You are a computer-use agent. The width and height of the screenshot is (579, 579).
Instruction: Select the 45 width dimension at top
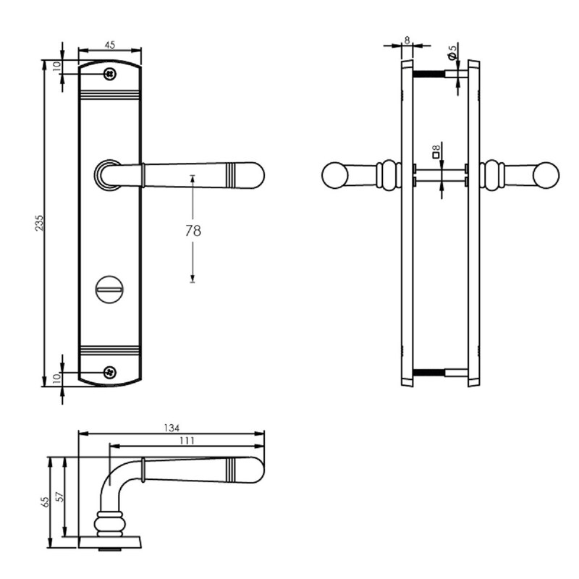coord(110,45)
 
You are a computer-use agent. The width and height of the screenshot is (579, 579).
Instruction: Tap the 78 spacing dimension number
coord(193,231)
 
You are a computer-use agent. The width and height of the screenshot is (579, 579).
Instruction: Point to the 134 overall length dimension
coord(172,428)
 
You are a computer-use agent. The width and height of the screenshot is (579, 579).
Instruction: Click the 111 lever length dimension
coord(187,441)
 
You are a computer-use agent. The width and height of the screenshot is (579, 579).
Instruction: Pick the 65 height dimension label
coord(45,502)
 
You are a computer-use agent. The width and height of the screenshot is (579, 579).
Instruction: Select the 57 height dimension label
coord(59,498)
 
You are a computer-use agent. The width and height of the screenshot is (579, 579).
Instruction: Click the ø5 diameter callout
coord(452,53)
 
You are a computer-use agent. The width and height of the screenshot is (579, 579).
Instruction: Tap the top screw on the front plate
coord(109,74)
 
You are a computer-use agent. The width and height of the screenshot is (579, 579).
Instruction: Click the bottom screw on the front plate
coord(109,372)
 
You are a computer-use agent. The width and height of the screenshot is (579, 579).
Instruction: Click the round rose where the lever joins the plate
coord(107,174)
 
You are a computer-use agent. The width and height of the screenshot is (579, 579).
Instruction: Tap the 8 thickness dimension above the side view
coord(407,41)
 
